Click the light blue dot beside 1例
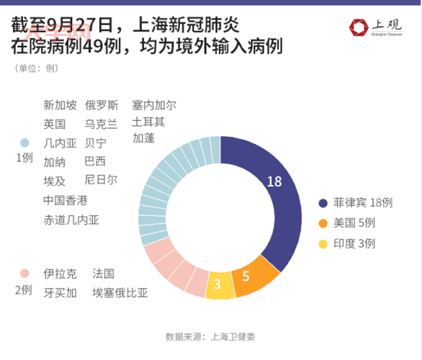click(24, 143)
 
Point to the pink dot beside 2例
click(24, 274)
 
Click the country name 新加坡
click(60, 105)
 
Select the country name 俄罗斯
click(102, 105)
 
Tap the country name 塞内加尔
click(154, 105)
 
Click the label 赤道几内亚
click(71, 220)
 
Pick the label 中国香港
click(66, 200)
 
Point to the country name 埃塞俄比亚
click(120, 292)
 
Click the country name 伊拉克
click(60, 274)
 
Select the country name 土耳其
click(148, 122)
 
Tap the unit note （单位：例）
click(35, 68)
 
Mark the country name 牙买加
click(60, 292)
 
